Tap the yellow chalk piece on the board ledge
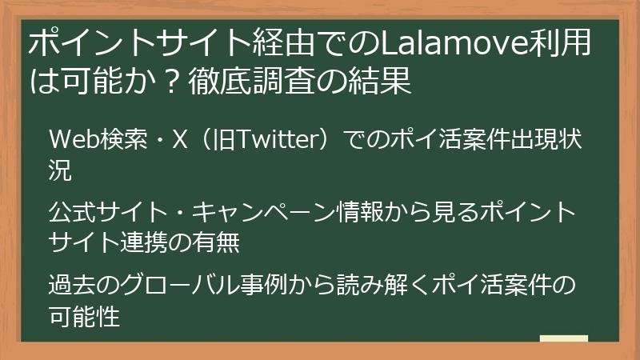click(563, 339)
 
